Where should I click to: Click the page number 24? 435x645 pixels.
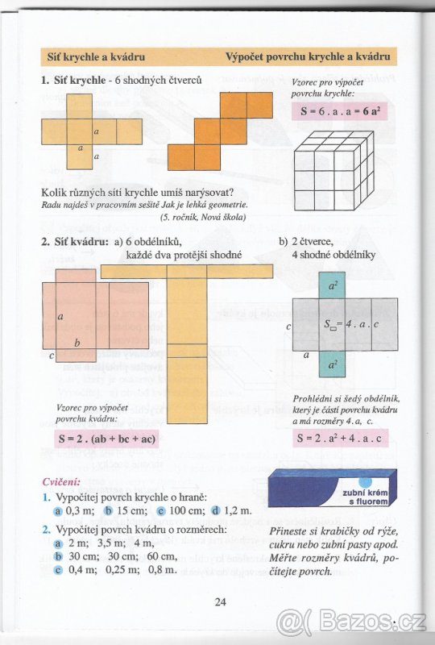point(221,601)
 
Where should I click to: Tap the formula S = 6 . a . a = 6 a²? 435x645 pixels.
point(340,111)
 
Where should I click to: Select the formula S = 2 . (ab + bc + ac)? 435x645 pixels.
point(106,439)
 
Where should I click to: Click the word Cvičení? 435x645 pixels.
point(61,481)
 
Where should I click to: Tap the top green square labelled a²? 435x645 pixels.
point(333,285)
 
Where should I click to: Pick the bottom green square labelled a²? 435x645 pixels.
point(333,364)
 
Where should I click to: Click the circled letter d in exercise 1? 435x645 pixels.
point(216,511)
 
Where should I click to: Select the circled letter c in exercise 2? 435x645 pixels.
point(58,570)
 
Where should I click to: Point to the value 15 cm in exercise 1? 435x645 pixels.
point(132,511)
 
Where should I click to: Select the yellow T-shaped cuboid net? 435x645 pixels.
point(188,339)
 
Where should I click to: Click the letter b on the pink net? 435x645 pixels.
point(77,343)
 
